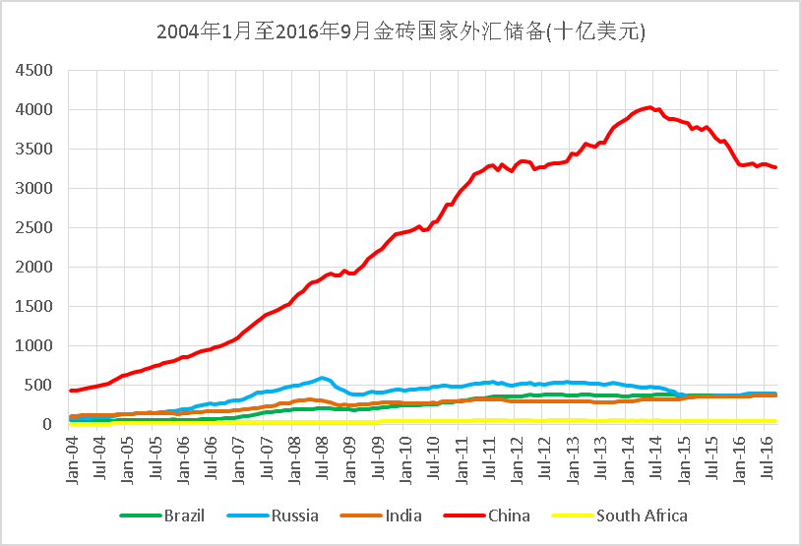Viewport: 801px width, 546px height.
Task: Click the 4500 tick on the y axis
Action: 35,71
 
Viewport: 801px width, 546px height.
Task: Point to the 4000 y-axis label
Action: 35,110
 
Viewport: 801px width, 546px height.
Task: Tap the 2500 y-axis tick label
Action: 35,228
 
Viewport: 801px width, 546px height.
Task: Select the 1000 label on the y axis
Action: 35,346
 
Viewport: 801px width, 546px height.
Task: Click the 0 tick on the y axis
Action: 51,425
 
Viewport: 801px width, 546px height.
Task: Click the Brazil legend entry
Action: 162,516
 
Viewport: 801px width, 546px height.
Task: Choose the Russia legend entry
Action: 274,516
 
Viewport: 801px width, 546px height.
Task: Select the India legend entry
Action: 382,516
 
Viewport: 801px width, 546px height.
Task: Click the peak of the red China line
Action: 647,107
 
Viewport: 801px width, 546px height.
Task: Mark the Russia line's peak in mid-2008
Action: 323,378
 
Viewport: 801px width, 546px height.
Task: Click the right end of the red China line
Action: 775,167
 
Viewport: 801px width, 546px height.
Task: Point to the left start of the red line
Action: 71,391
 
